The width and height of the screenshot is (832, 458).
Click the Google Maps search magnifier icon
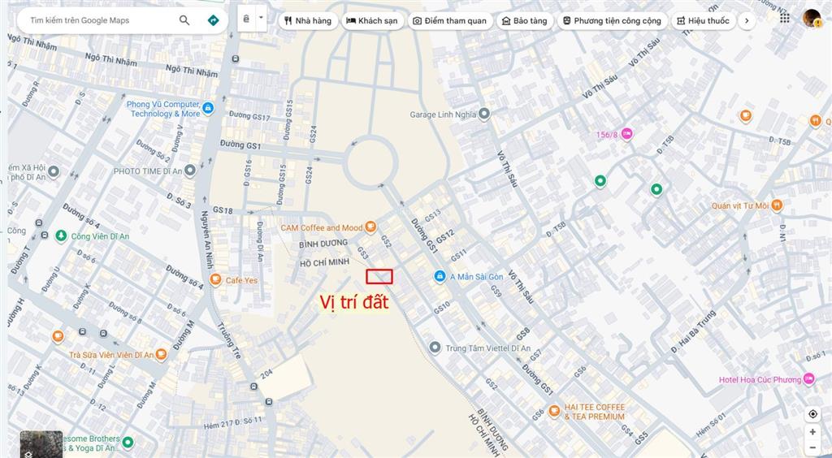pos(184,20)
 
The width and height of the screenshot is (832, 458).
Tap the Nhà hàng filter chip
pos(308,20)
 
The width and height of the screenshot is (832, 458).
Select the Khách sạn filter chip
pos(372,20)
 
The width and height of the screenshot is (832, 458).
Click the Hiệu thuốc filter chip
pos(703,20)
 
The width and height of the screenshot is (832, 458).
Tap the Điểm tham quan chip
pos(449,20)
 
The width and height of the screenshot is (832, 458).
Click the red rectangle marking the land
pos(379,276)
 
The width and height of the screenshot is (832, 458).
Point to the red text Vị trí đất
pos(354,303)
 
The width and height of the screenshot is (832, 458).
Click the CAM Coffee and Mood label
pos(322,227)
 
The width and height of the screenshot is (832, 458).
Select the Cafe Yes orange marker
pos(215,280)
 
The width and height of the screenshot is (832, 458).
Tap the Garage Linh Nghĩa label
pos(443,114)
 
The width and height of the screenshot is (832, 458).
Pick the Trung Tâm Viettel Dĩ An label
pos(487,348)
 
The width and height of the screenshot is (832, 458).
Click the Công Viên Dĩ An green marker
pos(61,235)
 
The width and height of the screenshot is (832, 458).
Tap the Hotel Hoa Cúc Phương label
pos(760,379)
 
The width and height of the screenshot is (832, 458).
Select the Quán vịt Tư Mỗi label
pos(739,205)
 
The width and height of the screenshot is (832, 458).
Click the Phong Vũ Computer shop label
pos(163,109)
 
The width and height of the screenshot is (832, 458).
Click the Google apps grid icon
pos(784,18)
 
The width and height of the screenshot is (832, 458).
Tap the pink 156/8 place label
pos(609,135)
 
